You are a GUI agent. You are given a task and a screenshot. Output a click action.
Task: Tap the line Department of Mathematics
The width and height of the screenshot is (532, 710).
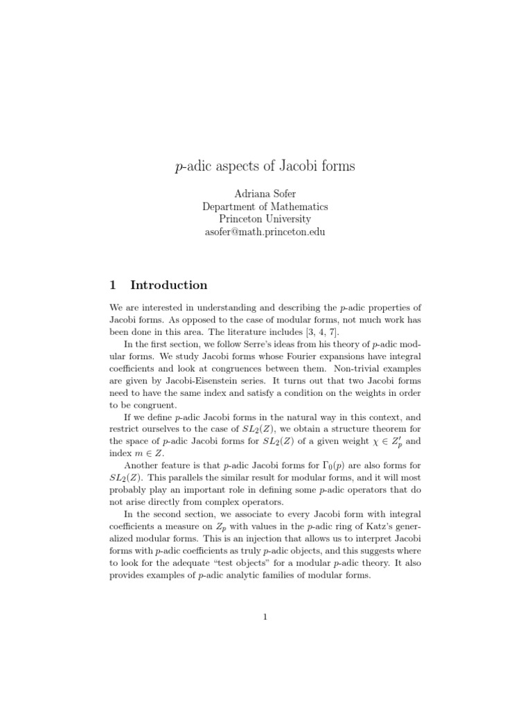265,206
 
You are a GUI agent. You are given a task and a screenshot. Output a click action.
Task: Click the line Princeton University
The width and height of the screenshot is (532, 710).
265,219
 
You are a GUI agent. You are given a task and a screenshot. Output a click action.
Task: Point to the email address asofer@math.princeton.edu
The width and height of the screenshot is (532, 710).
265,232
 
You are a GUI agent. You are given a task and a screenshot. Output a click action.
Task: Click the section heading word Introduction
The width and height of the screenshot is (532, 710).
168,285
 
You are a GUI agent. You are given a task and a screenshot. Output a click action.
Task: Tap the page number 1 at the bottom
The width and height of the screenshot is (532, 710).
265,619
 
